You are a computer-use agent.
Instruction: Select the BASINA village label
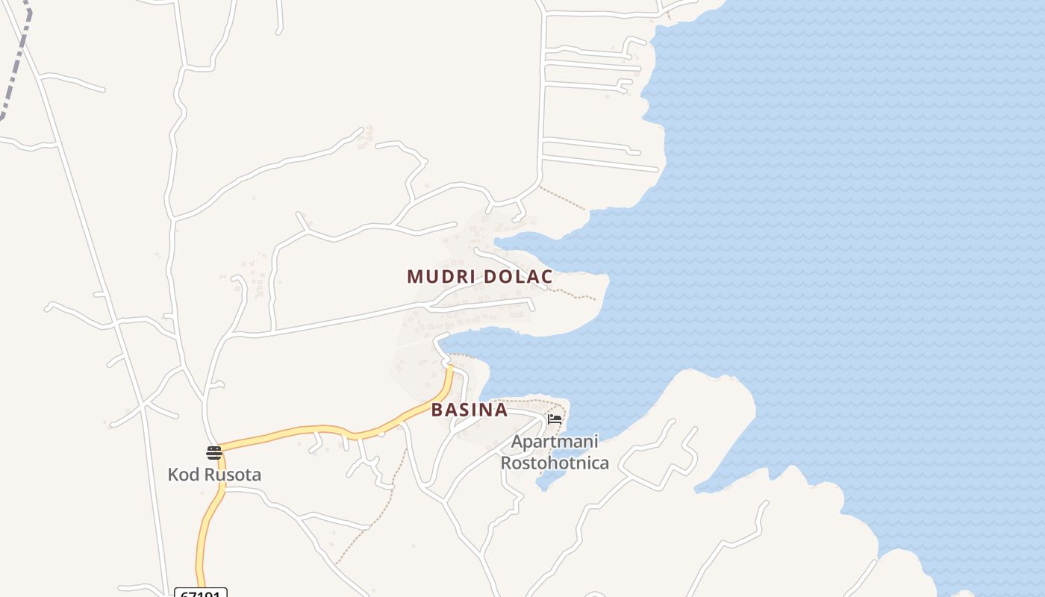pos(469,410)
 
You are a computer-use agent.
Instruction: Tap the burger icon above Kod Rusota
pos(214,452)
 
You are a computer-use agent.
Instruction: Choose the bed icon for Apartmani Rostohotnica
pos(555,419)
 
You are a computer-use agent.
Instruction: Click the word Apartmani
pos(555,442)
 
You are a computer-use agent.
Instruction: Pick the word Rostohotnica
pos(555,463)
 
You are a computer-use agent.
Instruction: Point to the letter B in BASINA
pos(437,410)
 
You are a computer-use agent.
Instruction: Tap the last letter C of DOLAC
pos(547,277)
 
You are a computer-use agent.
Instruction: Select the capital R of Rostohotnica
pos(506,463)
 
